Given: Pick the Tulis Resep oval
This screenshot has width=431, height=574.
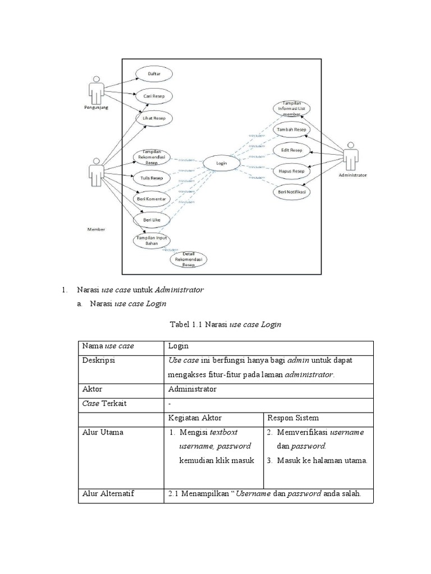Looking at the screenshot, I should click(x=151, y=178).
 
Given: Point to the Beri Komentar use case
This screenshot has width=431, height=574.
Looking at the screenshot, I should click(x=151, y=198).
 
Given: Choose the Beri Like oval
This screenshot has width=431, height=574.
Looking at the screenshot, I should click(x=151, y=220).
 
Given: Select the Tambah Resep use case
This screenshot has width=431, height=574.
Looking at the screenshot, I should click(x=292, y=130).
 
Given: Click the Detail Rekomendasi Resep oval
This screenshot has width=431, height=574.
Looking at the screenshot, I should click(x=188, y=260).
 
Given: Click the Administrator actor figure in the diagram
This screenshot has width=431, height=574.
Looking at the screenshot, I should click(x=351, y=155).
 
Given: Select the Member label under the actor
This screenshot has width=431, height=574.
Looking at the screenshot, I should click(x=96, y=229).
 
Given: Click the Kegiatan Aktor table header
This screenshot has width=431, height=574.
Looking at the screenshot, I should click(x=195, y=418).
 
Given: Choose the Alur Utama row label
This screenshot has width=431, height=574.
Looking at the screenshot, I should click(x=103, y=433).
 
